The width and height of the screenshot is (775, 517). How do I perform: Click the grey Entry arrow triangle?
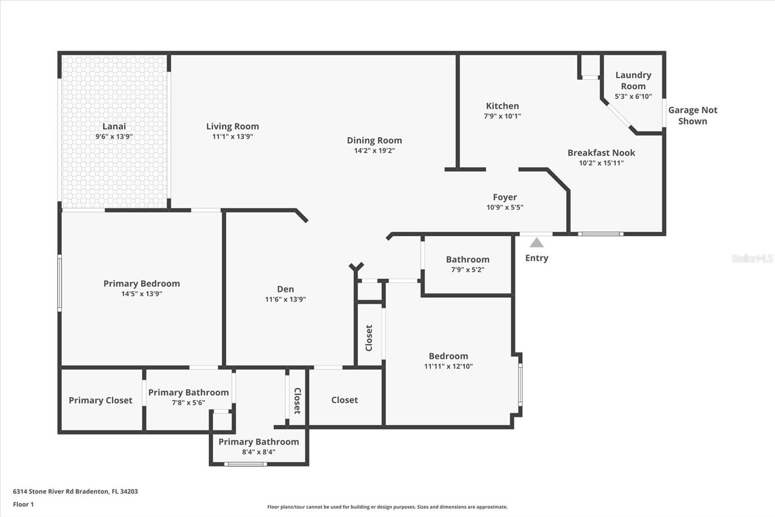537,242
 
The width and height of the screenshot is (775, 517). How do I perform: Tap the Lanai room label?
114,126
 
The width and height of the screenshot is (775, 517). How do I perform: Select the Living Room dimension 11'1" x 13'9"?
232,137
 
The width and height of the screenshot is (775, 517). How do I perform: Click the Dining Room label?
374,140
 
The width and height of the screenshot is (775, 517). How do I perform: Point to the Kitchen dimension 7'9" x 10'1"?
502,116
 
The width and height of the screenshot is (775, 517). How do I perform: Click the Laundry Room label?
633,81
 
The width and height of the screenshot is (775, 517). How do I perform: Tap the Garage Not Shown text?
692,115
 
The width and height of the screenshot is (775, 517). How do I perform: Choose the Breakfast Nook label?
601,153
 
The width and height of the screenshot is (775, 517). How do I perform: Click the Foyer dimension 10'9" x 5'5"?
505,207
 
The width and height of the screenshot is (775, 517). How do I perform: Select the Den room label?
285,289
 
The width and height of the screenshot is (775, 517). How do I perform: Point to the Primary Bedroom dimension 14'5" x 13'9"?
141,294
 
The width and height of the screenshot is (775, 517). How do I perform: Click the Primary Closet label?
100,400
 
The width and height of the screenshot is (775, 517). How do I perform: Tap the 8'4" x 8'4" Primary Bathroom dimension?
259,452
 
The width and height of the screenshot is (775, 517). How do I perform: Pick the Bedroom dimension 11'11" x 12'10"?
449,366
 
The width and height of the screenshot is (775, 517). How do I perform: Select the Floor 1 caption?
23,504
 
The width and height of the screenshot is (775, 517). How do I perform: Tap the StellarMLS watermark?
752,258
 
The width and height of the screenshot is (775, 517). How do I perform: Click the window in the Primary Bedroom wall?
60,283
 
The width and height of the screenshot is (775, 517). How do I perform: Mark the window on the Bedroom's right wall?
520,385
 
